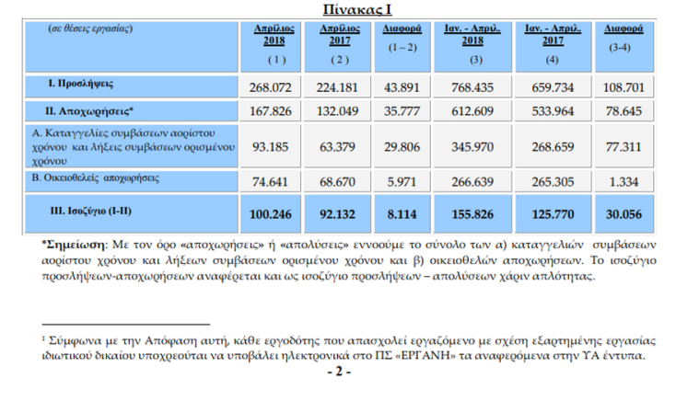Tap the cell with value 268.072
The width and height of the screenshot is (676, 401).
point(273,86)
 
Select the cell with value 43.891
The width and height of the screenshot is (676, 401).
point(404,86)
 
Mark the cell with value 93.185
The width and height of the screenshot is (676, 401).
point(273,145)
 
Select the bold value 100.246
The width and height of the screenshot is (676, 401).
point(273,214)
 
